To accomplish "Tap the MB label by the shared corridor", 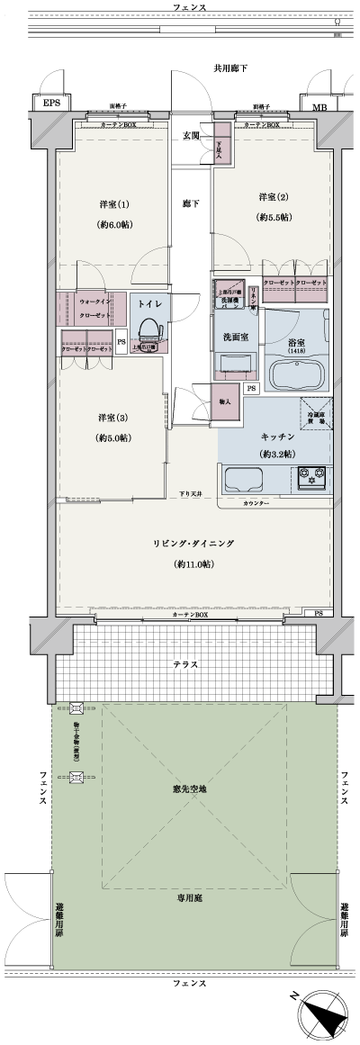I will click(319, 107).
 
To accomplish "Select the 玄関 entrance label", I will click(192, 136).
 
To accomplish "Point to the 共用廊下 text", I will click(230, 68).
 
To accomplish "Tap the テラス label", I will click(186, 665).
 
